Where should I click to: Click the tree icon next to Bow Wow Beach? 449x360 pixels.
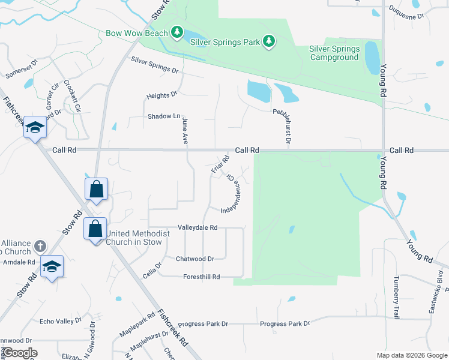click(x=177, y=31)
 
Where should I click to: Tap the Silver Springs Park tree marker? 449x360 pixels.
click(x=270, y=41)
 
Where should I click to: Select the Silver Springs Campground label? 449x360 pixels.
click(x=334, y=53)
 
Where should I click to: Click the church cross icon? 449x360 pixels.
click(x=40, y=246)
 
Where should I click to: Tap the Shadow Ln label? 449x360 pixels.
click(x=164, y=116)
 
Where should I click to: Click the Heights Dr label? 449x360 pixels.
click(x=162, y=95)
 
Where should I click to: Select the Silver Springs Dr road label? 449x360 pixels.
click(x=155, y=65)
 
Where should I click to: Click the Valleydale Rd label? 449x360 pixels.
click(x=197, y=228)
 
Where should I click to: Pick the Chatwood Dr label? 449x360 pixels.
click(x=195, y=259)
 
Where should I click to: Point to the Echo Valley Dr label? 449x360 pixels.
click(x=60, y=321)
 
